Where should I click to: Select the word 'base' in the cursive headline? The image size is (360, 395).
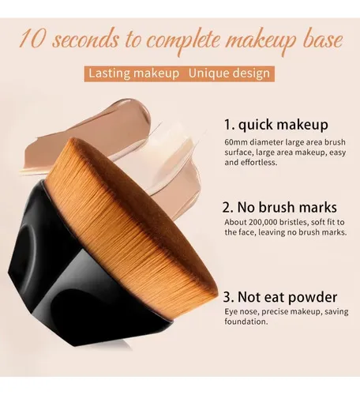pos(324,40)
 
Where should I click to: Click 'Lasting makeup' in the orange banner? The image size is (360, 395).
pos(133,73)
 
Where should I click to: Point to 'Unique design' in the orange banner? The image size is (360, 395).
pos(229,73)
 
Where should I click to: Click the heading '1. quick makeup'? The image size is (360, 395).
pos(276,125)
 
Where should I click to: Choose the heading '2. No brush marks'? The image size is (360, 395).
pos(279,207)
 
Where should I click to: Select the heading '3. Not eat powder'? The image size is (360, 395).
pos(280,297)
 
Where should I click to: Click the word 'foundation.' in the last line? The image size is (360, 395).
pos(246,322)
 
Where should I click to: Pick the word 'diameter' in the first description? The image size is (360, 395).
pos(266,142)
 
